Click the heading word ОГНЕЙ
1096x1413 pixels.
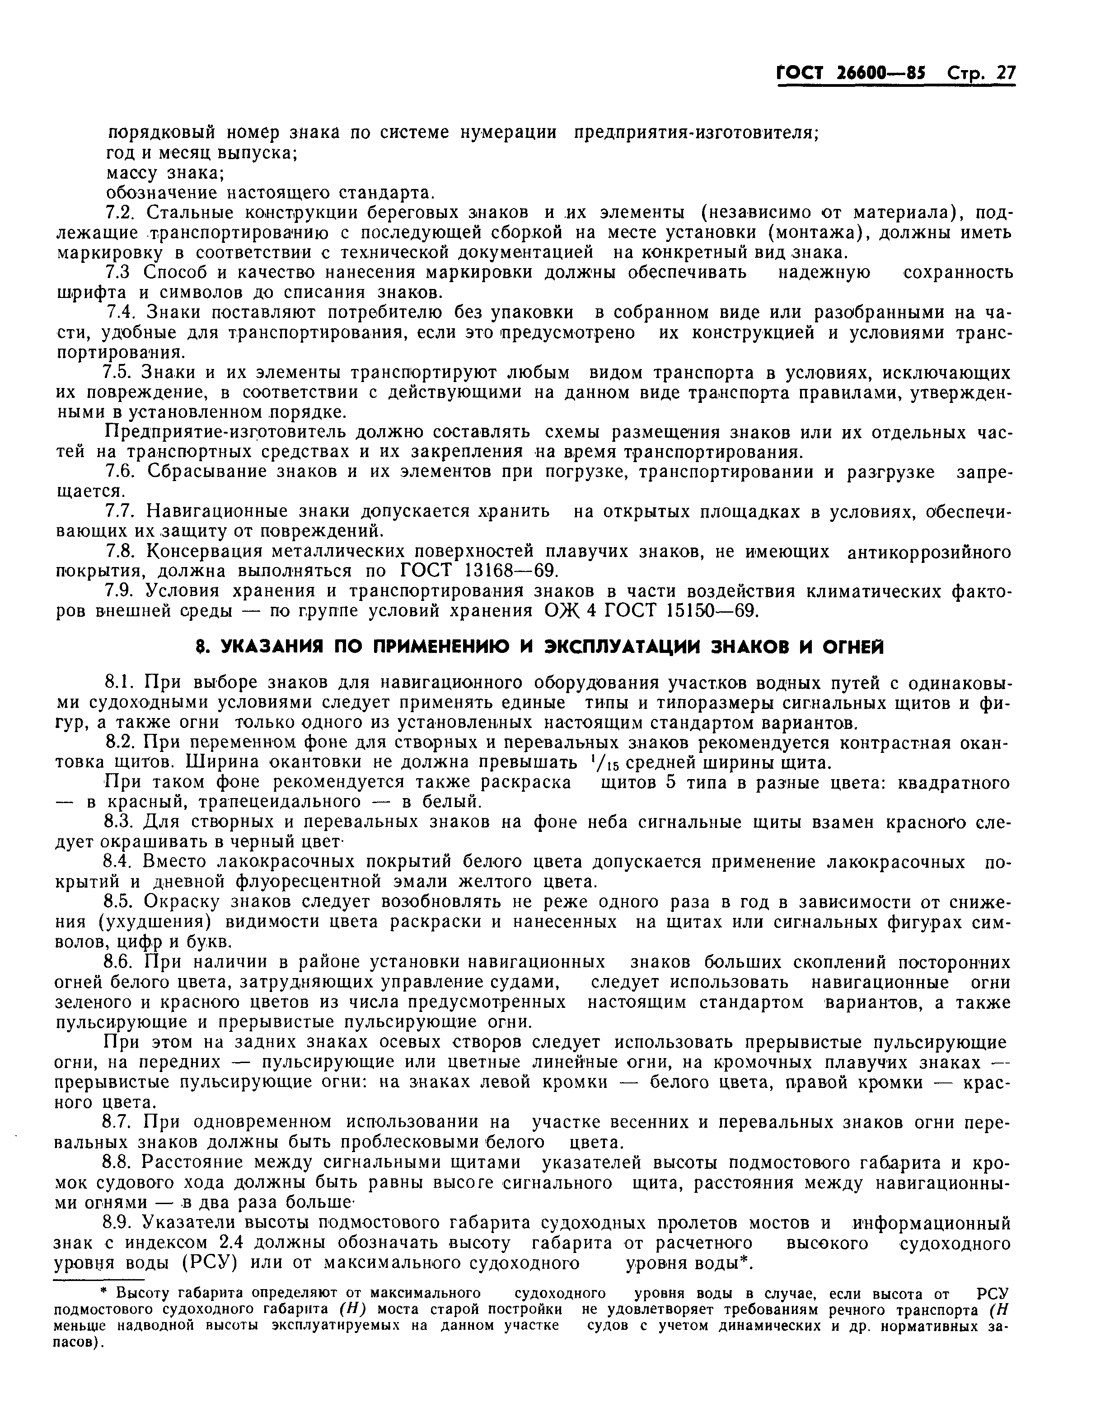[x=848, y=647]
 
